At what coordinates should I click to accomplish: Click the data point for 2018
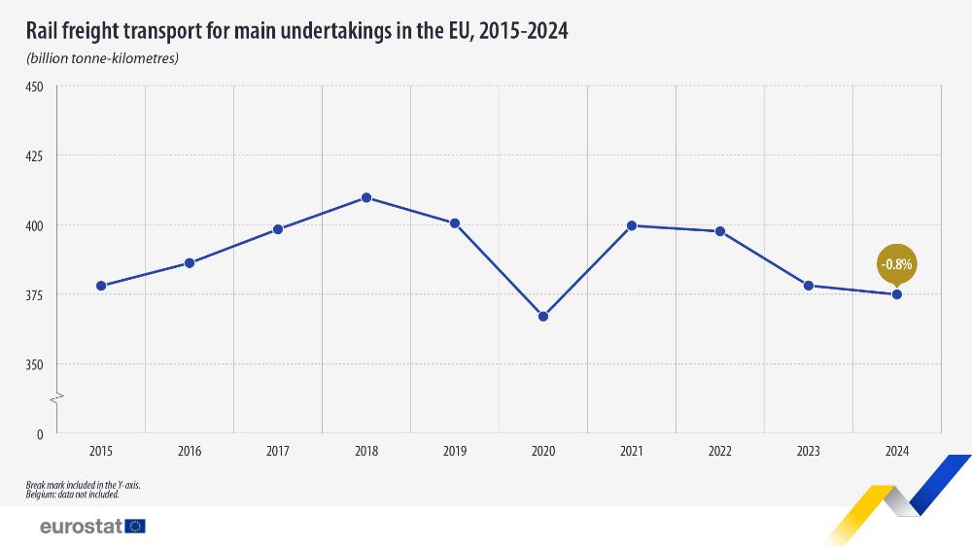point(366,197)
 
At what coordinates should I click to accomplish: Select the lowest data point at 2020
point(543,317)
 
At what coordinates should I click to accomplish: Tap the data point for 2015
point(101,286)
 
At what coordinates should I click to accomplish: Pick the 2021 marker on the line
point(632,225)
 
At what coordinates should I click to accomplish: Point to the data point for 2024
point(897,294)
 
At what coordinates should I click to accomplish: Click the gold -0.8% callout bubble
point(896,263)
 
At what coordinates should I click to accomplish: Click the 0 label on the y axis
point(40,434)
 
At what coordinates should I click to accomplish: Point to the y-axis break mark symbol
point(57,398)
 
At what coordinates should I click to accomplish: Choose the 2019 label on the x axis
point(455,452)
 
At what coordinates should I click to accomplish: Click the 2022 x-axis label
point(720,452)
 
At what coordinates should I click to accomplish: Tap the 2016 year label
point(190,452)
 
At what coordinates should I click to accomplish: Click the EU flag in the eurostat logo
point(135,526)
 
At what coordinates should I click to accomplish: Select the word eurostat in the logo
point(81,526)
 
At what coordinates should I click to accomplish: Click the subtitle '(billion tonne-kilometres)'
point(102,58)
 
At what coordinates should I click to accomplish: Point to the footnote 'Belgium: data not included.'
point(74,495)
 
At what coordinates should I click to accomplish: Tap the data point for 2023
point(809,286)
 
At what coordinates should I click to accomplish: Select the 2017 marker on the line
point(278,229)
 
